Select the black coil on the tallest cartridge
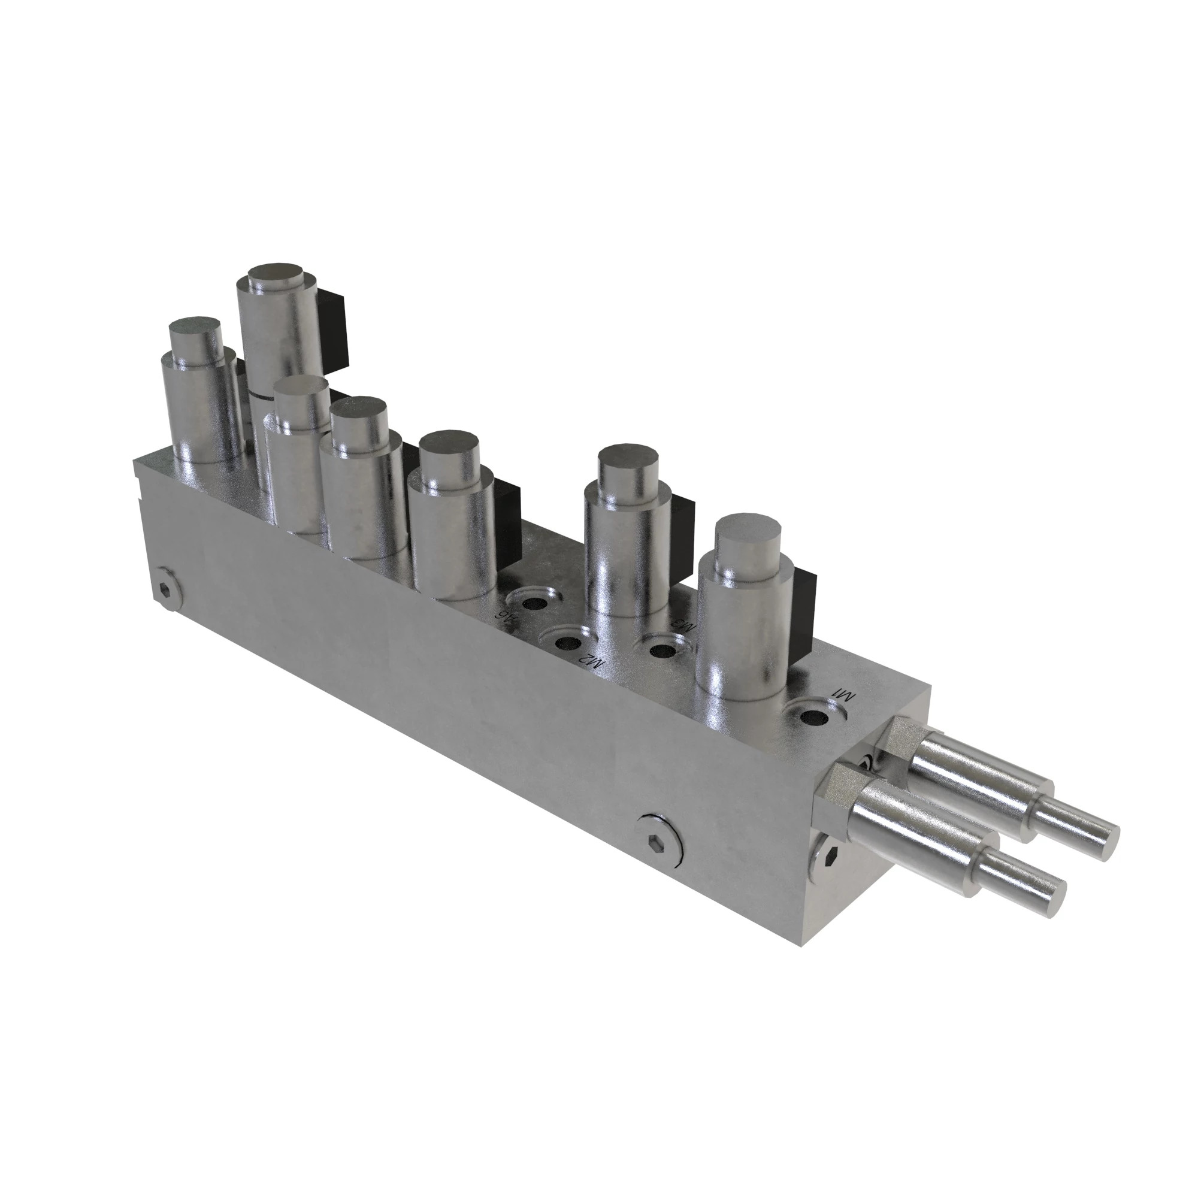[334, 332]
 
